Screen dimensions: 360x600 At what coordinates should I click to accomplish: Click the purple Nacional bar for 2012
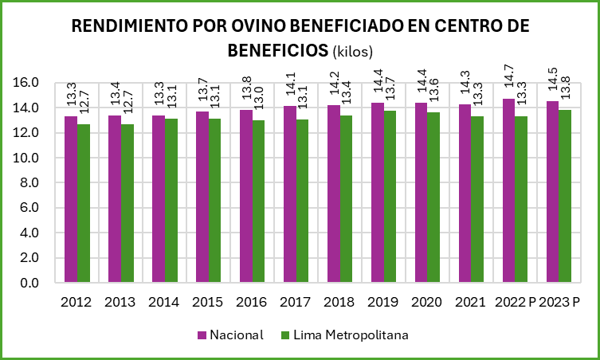pyautogui.click(x=71, y=199)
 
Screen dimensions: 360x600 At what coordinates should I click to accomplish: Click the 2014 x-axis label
pyautogui.click(x=163, y=303)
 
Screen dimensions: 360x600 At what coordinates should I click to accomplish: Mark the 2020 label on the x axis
pyautogui.click(x=426, y=303)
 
